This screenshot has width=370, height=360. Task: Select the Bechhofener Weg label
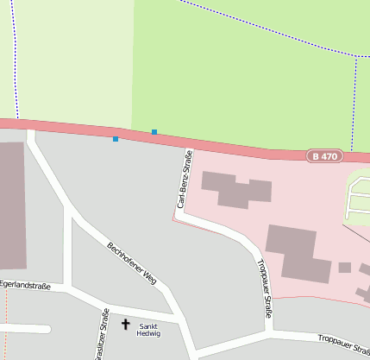[x=131, y=263]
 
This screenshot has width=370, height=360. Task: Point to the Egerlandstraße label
[x=25, y=285]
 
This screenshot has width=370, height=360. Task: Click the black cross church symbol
[x=126, y=325]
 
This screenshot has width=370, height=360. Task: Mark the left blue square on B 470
[x=116, y=138]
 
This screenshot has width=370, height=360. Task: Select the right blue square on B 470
[x=154, y=132]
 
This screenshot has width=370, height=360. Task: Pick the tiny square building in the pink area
[x=345, y=268]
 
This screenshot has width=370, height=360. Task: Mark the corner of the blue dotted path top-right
[x=356, y=57]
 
